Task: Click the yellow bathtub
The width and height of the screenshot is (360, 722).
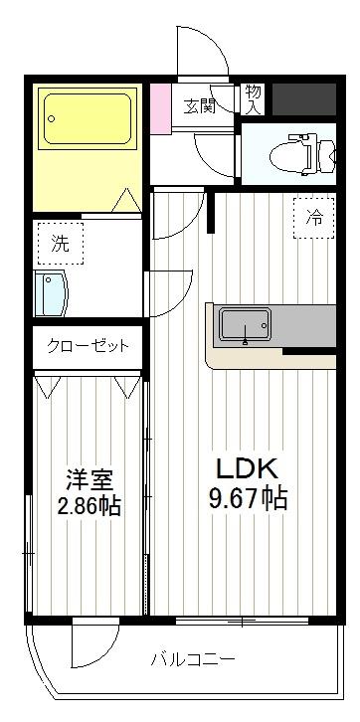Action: pos(88,120)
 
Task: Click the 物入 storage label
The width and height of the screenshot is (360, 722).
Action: pos(253,96)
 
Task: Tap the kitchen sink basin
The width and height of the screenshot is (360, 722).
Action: pos(245,324)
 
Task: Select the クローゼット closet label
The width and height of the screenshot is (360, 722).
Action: pos(88,347)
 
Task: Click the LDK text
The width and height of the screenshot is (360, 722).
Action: pos(247,467)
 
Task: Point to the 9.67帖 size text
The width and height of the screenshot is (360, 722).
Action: pos(248,498)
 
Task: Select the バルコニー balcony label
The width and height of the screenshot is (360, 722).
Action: pos(193,659)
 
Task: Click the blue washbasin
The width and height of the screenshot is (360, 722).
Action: pos(49,292)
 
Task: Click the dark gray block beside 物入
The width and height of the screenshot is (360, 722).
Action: pos(303,97)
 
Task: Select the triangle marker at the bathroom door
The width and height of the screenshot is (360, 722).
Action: pos(127,202)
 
